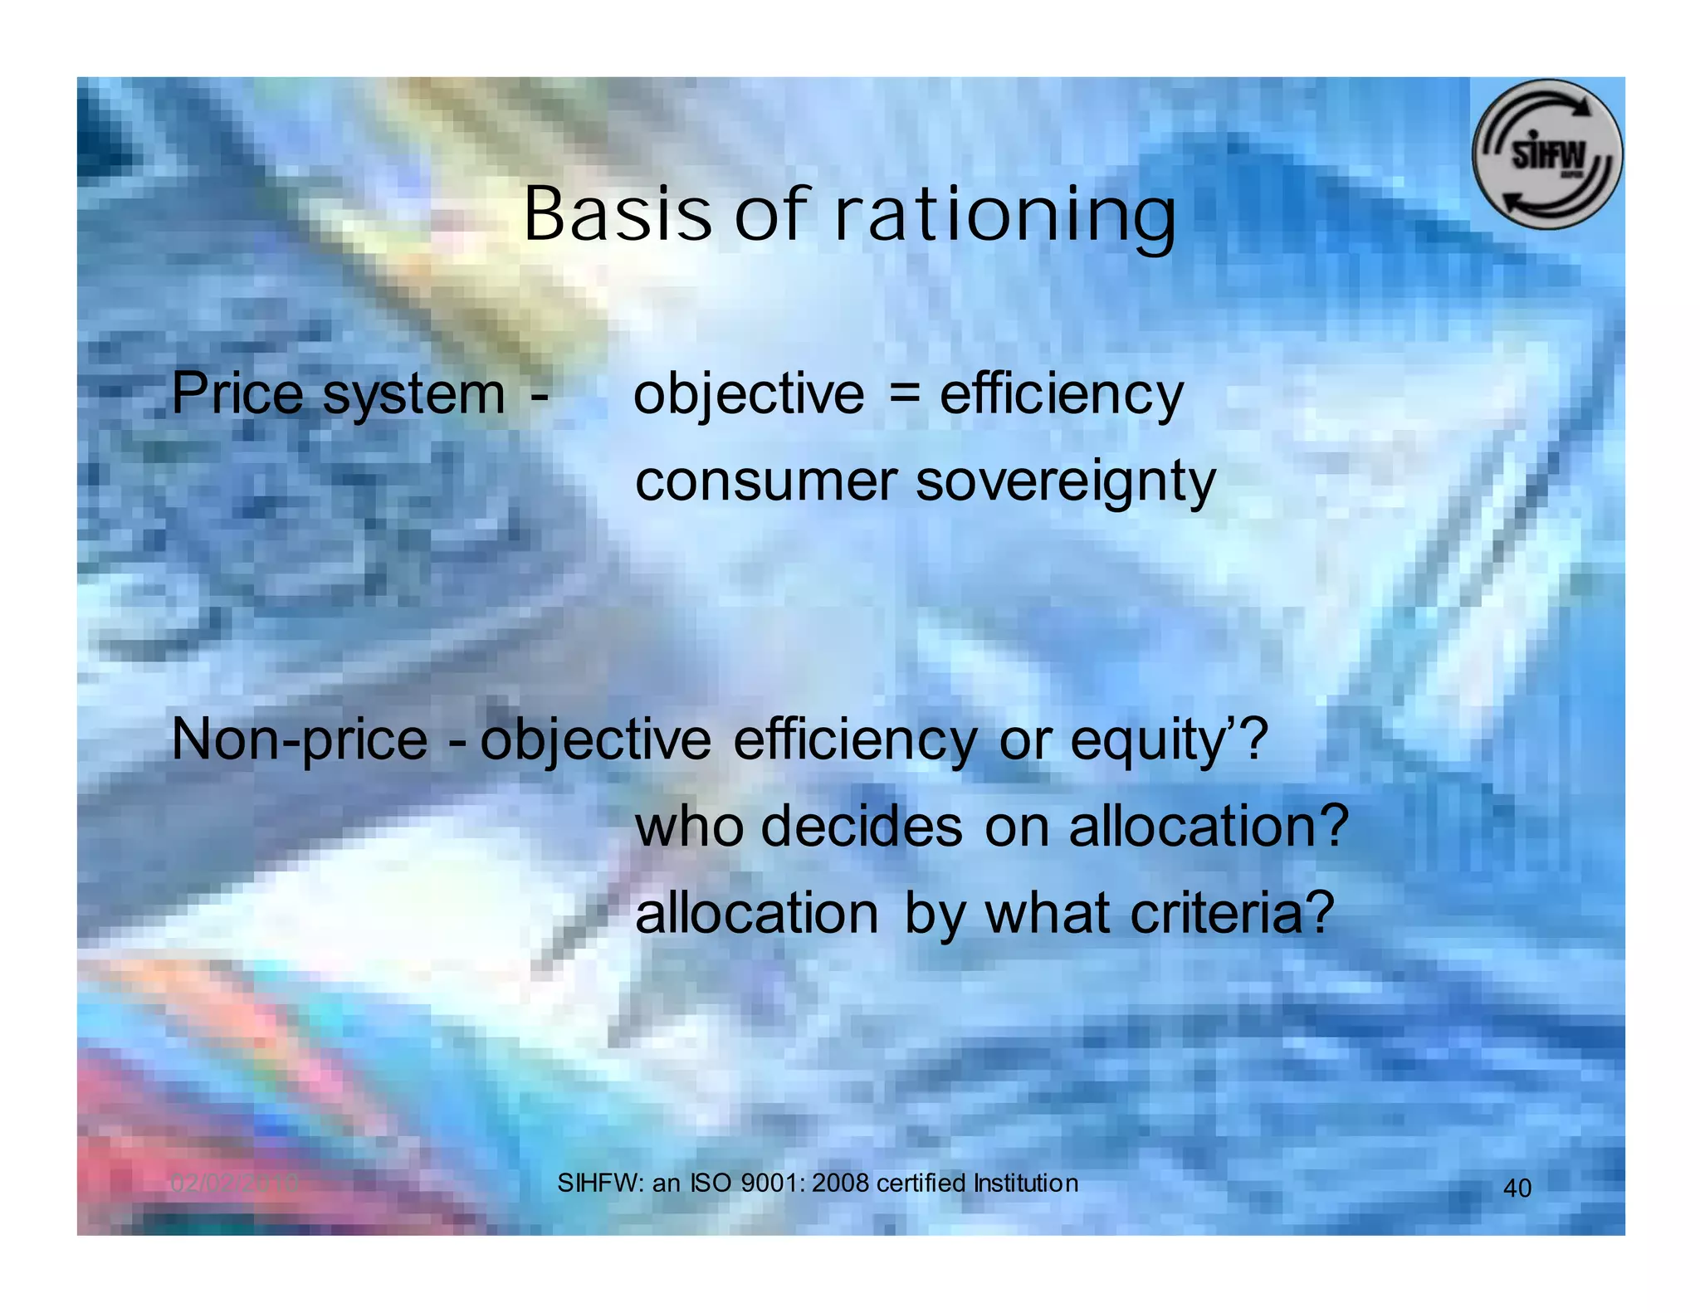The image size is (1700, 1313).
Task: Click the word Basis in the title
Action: pos(617,214)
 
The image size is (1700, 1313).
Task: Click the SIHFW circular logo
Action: pos(1546,155)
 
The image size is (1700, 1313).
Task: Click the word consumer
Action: pos(766,481)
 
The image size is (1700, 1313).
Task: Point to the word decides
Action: pos(862,827)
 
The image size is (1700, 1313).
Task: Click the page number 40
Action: pos(1517,1189)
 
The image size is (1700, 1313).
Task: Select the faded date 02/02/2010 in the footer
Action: pos(234,1184)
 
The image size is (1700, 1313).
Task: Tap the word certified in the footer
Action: pos(921,1183)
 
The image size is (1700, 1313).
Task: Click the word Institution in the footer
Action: pos(1025,1183)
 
